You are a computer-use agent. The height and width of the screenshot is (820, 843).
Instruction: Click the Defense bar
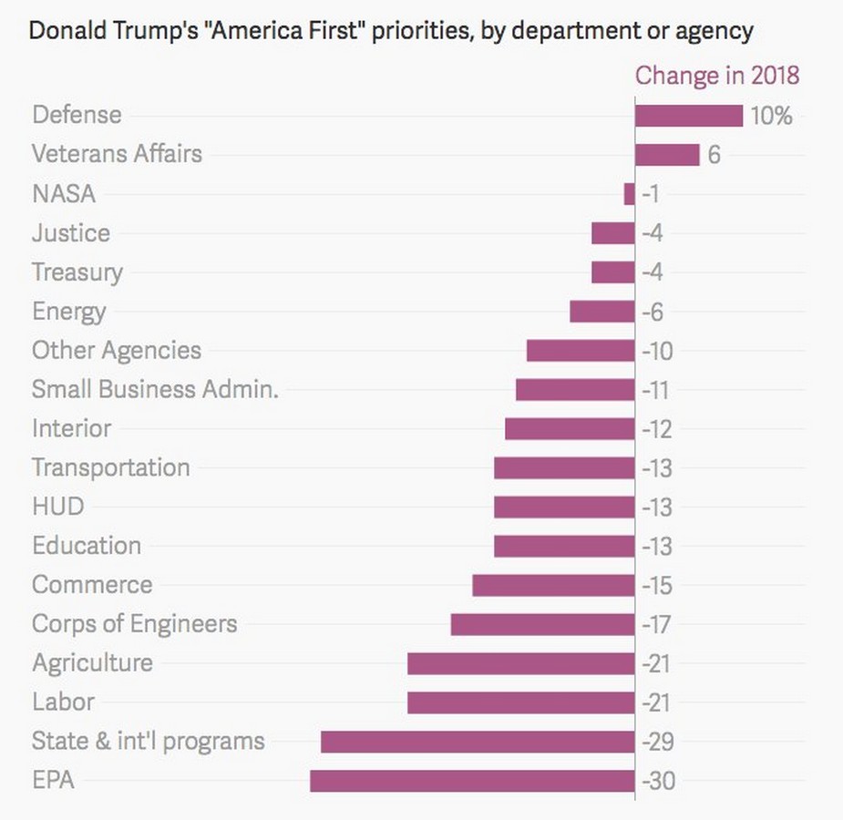[x=689, y=116]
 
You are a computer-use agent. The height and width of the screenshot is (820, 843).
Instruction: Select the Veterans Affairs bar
[x=667, y=155]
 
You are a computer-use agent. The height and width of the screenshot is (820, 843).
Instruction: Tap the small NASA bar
[x=629, y=194]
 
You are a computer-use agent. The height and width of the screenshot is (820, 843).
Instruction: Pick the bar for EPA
[x=472, y=781]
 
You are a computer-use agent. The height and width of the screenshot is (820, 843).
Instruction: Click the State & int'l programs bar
[x=478, y=742]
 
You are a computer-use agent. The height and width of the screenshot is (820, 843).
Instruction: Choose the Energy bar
[x=601, y=312]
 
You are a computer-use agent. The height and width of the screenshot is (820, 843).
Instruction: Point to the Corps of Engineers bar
[x=542, y=624]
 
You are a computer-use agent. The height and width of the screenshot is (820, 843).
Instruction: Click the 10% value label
[x=771, y=117]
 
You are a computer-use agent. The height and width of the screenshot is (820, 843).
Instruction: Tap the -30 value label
[x=658, y=782]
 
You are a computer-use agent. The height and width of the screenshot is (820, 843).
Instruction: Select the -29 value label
[x=658, y=743]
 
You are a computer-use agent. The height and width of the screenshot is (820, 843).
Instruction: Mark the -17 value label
[x=657, y=625]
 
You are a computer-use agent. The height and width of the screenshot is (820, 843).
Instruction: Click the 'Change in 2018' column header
[x=717, y=75]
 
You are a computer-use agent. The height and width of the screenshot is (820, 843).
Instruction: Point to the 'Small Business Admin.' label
[x=155, y=389]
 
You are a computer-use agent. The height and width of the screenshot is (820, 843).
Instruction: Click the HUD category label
[x=57, y=507]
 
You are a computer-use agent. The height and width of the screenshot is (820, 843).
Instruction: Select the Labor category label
[x=63, y=702]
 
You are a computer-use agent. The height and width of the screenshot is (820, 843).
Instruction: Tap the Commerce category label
[x=92, y=585]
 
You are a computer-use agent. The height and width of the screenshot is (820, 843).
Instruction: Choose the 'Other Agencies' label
[x=117, y=351]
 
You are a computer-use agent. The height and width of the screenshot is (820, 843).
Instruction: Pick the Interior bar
[x=570, y=429]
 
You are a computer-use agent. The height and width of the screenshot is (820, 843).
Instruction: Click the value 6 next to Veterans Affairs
[x=714, y=156]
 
